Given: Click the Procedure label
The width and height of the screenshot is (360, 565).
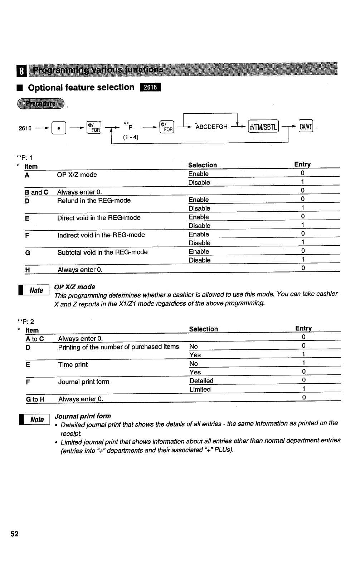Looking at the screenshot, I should (40, 104).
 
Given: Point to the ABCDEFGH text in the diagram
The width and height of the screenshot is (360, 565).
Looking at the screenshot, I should (212, 127).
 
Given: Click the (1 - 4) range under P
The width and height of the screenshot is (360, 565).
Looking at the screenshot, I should (131, 137).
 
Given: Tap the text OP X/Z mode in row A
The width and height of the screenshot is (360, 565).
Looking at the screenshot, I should (77, 175).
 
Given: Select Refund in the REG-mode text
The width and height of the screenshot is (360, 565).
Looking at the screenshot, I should (94, 201).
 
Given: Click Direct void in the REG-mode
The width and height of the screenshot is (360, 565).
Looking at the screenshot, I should (99, 218).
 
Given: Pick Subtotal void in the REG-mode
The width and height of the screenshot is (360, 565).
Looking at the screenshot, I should (102, 252).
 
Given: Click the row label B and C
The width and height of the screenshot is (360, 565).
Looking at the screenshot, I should (37, 192).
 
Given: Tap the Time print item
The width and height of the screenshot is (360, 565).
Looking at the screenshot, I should (73, 365).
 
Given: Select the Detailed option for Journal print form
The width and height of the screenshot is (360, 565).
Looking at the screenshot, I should (201, 381).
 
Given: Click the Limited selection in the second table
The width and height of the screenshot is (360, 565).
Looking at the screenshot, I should (200, 389).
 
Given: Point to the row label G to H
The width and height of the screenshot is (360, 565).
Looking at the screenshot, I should (35, 399).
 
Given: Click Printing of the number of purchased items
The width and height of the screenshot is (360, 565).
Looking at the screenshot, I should (118, 347).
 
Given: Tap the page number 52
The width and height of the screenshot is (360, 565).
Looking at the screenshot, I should (14, 534).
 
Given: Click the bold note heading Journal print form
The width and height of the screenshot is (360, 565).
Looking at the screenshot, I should (83, 416).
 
